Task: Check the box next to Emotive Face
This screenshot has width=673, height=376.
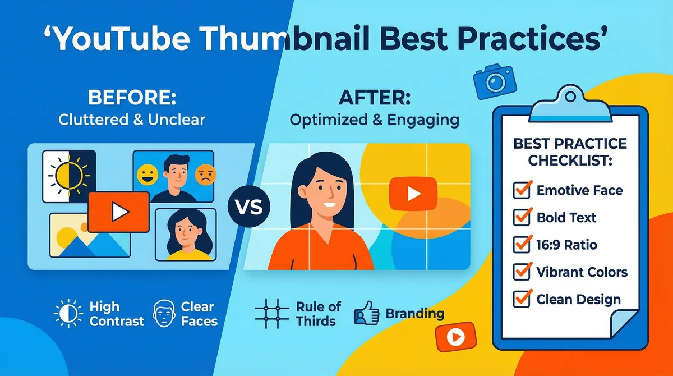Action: pos(523,190)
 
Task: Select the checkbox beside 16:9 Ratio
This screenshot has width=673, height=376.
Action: pos(523,244)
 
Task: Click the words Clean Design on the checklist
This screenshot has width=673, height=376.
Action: pos(578,299)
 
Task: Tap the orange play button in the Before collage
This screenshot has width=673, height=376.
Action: pos(118,212)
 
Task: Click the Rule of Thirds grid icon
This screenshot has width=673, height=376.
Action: pos(271,314)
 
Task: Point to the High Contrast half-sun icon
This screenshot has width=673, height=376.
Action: pos(68,313)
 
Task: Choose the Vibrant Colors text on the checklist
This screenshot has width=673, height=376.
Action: pos(582,272)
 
